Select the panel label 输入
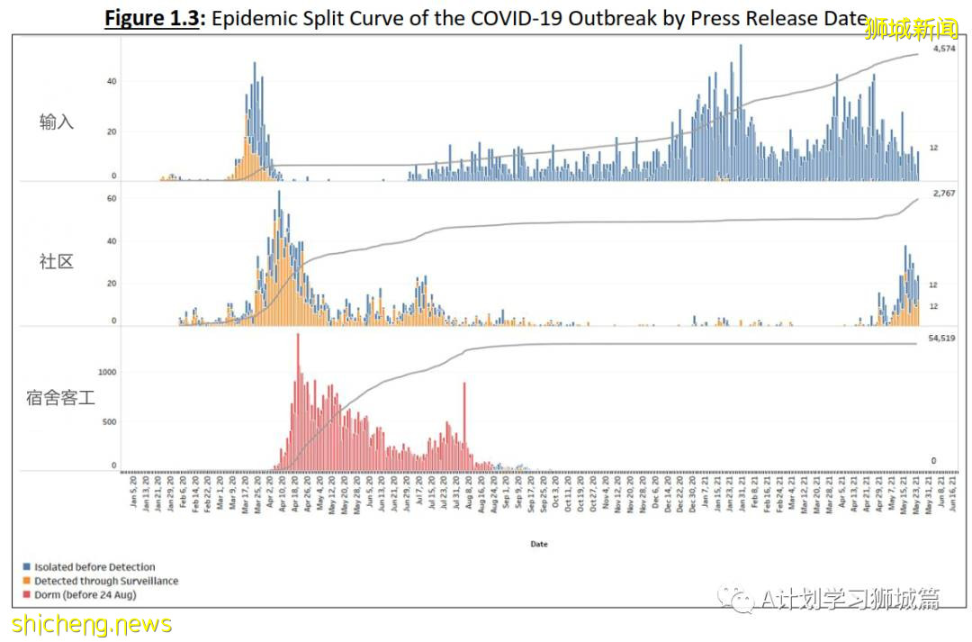[x=57, y=122]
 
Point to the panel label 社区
[x=57, y=262]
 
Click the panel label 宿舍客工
[x=60, y=396]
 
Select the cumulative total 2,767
[x=942, y=194]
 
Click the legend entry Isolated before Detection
[x=94, y=567]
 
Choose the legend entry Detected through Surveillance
[x=105, y=581]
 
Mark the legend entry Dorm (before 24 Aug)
[x=85, y=594]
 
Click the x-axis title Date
[x=538, y=544]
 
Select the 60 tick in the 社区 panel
[x=112, y=198]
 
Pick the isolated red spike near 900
[x=464, y=423]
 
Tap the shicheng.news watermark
[x=93, y=623]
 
